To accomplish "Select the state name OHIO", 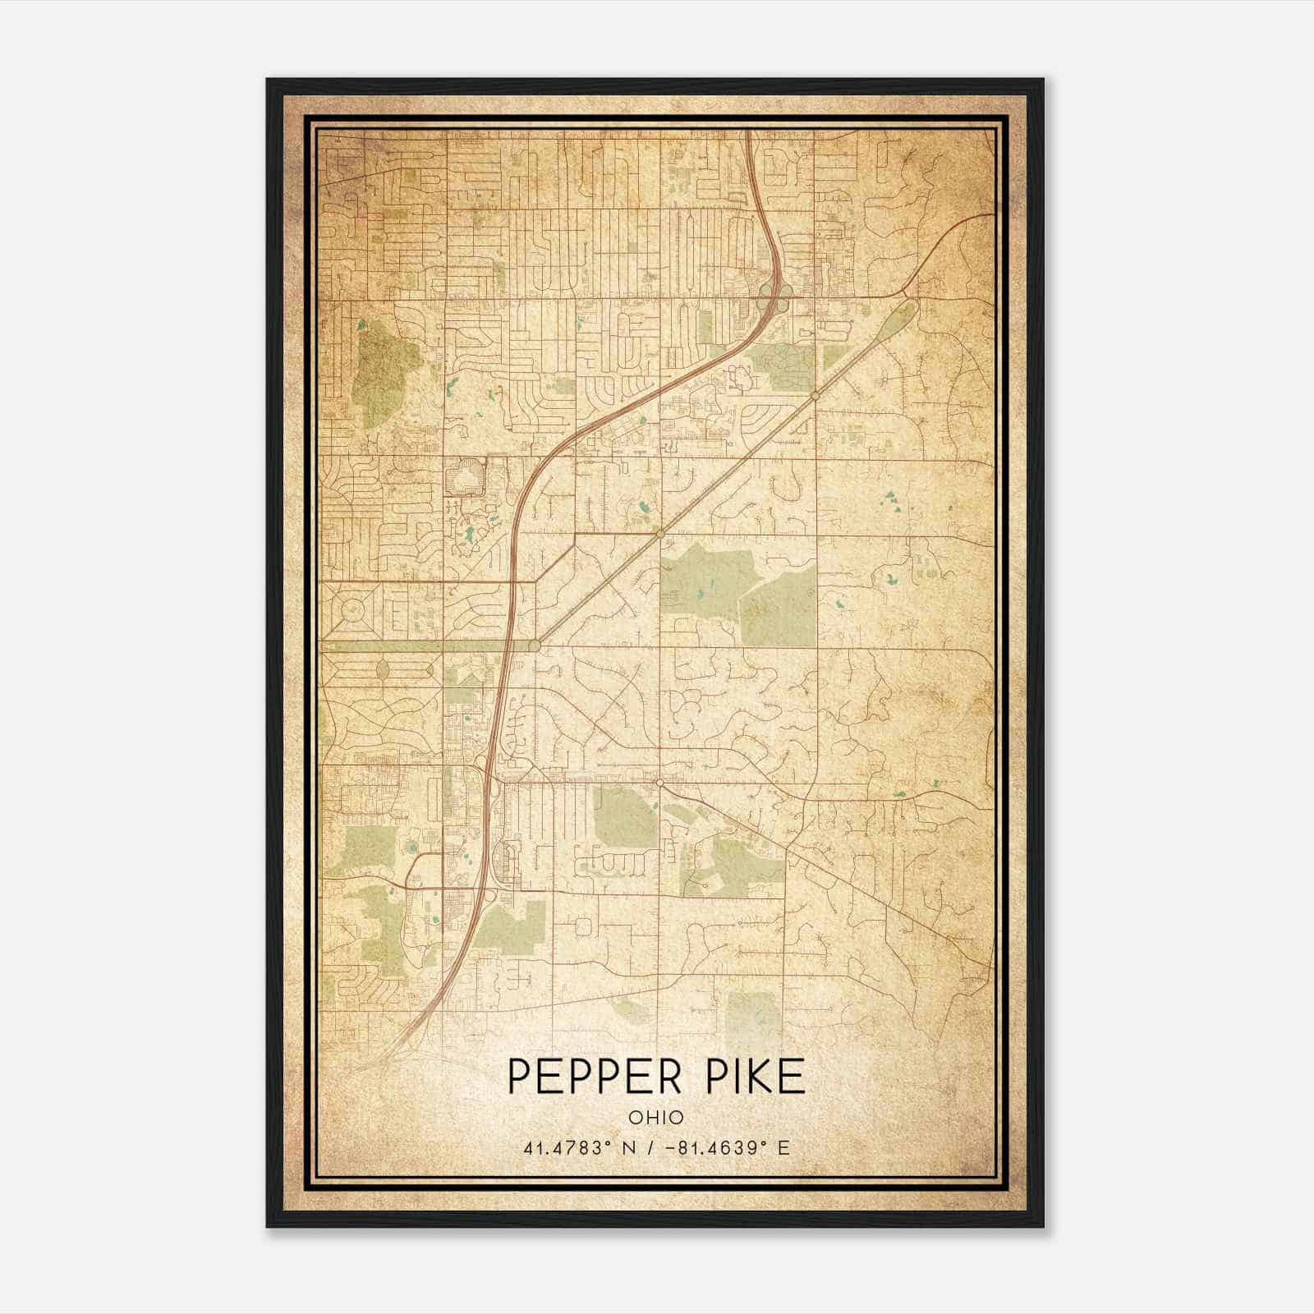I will (656, 1117).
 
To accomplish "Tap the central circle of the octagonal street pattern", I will (353, 609).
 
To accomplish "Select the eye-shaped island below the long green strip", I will (382, 670).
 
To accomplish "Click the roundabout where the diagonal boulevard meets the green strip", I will (535, 646).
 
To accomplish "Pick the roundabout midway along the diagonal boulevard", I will (659, 534).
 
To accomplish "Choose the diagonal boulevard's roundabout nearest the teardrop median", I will (815, 397).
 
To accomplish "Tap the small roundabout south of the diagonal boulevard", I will (659, 782).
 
